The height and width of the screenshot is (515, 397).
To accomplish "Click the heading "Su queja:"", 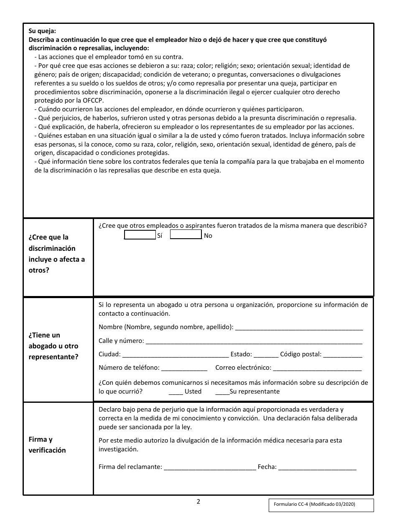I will pos(42,31).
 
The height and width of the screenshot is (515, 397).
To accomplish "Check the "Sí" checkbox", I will pos(140,235).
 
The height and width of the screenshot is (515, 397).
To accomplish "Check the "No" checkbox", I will pos(186,235).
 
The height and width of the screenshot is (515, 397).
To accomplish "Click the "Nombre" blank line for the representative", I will pos(299,327).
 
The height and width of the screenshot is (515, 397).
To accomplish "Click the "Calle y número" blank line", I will pos(254,341).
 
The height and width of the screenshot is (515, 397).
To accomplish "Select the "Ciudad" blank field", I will pos(176,355).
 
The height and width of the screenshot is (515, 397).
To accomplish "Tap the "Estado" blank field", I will pos(266,355).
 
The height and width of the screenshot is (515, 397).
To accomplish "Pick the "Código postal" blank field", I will pos(343,355).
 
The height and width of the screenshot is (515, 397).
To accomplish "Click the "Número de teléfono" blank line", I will pos(184,368).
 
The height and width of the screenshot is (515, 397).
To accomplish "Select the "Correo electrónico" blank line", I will pos(317,368).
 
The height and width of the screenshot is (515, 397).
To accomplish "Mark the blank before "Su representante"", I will pos(222,392).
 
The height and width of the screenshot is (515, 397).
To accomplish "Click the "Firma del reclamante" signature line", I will pos(210,468).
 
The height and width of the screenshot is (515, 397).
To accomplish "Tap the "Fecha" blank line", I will pos(317,468).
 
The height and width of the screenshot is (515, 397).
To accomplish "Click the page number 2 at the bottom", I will pos(198,501).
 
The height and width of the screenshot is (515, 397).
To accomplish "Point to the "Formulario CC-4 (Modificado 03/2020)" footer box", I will pos(321,505).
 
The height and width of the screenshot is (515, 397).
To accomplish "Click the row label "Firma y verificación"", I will pos(47,445).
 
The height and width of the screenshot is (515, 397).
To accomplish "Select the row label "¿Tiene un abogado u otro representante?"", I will pos(53,346).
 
